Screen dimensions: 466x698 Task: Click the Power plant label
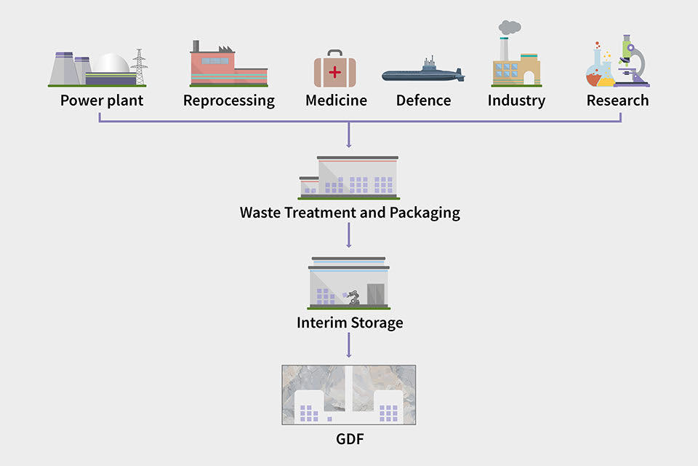click(102, 100)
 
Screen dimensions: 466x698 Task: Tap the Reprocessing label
click(229, 100)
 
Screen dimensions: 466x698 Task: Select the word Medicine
click(336, 100)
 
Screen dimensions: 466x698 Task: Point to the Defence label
click(423, 100)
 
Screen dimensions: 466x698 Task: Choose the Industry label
click(516, 100)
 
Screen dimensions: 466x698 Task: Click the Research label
click(617, 100)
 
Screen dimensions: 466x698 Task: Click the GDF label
click(349, 440)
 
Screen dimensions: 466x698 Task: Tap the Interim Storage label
click(349, 322)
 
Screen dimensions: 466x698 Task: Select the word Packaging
click(425, 213)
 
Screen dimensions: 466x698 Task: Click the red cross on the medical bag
click(334, 71)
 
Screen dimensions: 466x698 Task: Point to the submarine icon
click(422, 74)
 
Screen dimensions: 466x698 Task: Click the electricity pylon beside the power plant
click(139, 67)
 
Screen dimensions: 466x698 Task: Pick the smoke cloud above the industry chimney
click(509, 28)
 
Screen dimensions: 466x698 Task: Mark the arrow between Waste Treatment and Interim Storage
click(349, 235)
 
